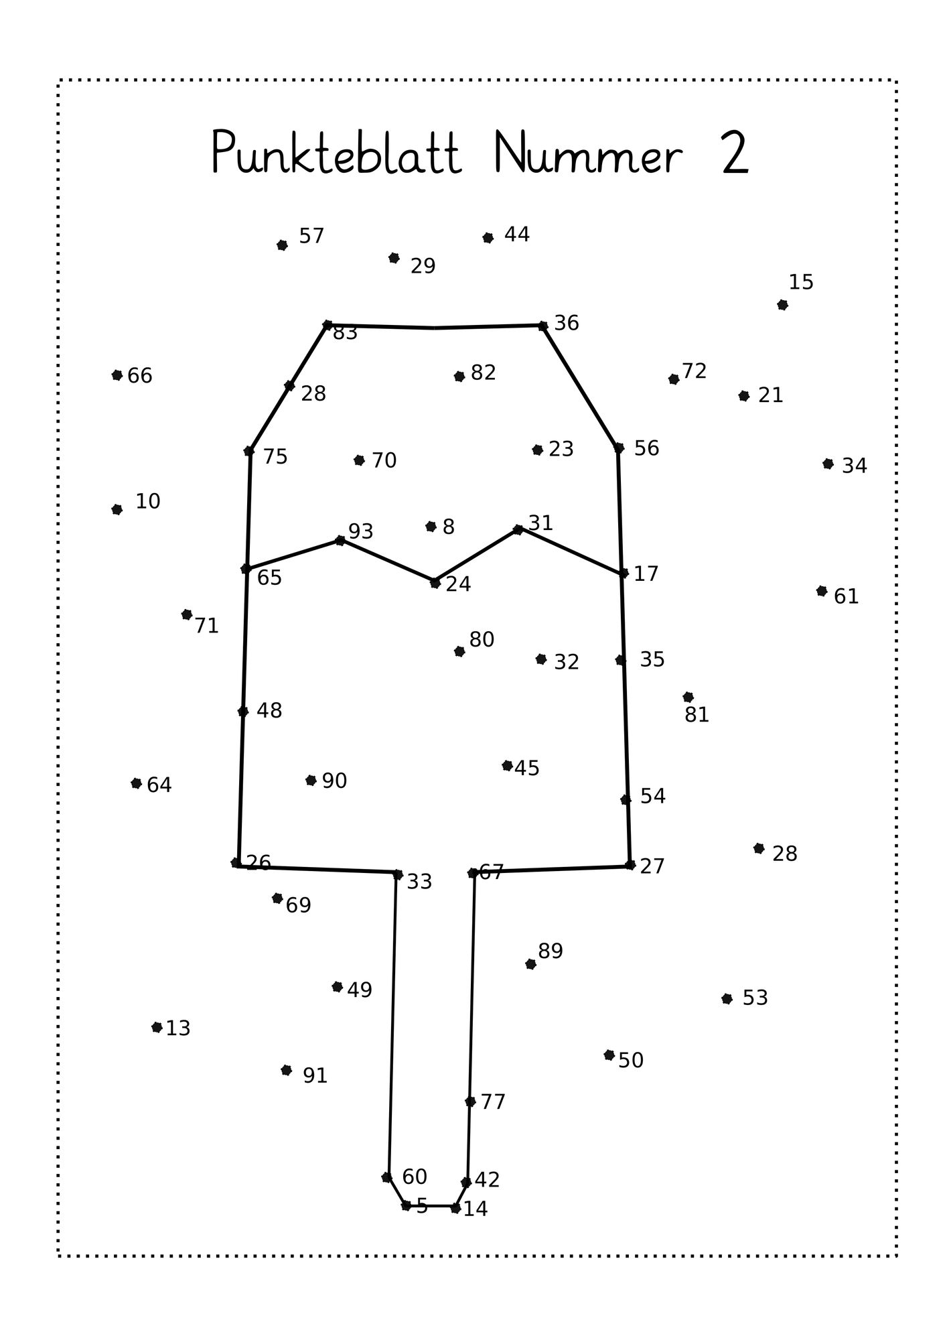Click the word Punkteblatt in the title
pyautogui.click(x=337, y=153)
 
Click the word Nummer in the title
pyautogui.click(x=588, y=153)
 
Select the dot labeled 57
pyautogui.click(x=282, y=245)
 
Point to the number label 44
pyautogui.click(x=517, y=234)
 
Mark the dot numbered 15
pyautogui.click(x=782, y=305)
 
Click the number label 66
pyautogui.click(x=140, y=376)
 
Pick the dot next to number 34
pyautogui.click(x=828, y=464)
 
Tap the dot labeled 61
pyautogui.click(x=822, y=591)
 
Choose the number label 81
pyautogui.click(x=697, y=715)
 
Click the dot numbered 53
pyautogui.click(x=727, y=999)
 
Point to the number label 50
pyautogui.click(x=631, y=1061)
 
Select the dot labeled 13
pyautogui.click(x=157, y=1027)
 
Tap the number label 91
pyautogui.click(x=315, y=1076)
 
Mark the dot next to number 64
pyautogui.click(x=136, y=783)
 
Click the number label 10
pyautogui.click(x=148, y=501)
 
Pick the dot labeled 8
pyautogui.click(x=431, y=527)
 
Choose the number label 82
pyautogui.click(x=484, y=373)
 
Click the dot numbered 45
pyautogui.click(x=507, y=766)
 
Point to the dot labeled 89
pyautogui.click(x=530, y=964)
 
